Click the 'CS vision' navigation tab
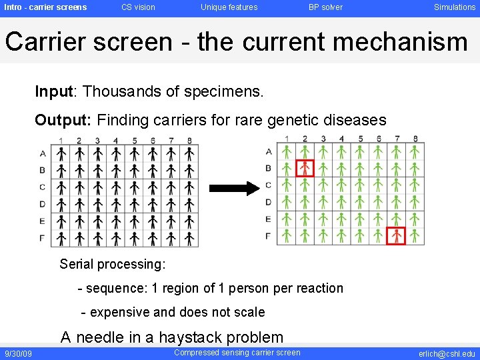(138, 7)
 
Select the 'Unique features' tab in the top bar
(229, 7)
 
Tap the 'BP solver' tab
(325, 7)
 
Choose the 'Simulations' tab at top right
(455, 7)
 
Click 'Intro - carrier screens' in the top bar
(45, 7)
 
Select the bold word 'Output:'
(63, 120)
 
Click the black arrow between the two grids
(237, 189)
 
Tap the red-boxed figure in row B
(305, 168)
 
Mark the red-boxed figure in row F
(396, 235)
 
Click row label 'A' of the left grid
(43, 153)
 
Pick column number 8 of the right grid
(415, 139)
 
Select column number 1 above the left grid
(61, 141)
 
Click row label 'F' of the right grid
(268, 236)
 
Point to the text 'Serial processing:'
(112, 264)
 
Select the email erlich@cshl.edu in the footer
(447, 354)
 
